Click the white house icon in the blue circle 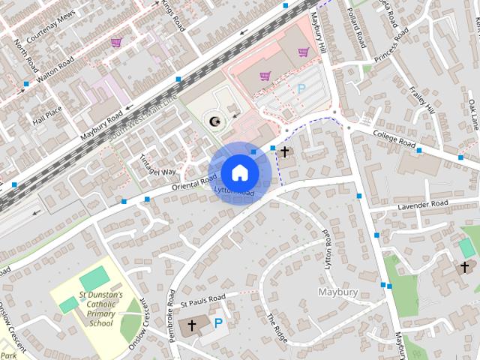[x=239, y=172]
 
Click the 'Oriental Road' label [x=193, y=181]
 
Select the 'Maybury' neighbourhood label [x=338, y=292]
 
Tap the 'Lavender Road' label [x=422, y=204]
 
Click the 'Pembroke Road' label [x=172, y=307]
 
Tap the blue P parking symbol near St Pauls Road [x=218, y=324]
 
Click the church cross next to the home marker [x=284, y=153]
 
